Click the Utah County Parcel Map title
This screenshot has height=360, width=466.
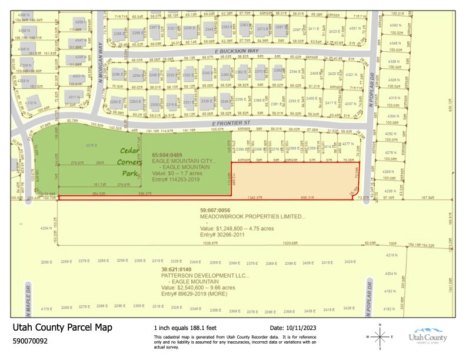coord(62,328)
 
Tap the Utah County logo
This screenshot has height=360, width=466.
coord(428,335)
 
